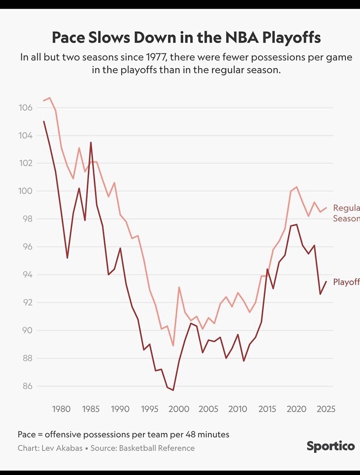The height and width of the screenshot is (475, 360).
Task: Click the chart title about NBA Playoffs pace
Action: point(186,38)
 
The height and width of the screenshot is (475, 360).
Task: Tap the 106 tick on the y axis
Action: point(26,108)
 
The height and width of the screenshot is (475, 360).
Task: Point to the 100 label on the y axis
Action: point(26,191)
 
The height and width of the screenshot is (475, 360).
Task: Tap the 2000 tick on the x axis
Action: point(179,409)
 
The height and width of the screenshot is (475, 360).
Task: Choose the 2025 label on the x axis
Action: point(326,409)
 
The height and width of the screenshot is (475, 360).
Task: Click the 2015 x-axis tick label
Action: point(267,409)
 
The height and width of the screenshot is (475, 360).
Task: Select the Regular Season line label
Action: point(346,213)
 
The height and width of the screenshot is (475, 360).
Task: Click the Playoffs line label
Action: point(346,282)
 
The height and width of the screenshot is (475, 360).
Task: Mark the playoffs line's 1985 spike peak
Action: point(91,142)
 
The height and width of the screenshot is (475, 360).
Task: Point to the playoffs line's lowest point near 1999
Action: point(173,390)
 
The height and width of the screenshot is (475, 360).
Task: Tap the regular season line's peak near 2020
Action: point(296,187)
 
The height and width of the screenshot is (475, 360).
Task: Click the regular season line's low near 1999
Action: point(173,346)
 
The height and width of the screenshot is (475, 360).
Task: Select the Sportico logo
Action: point(330,446)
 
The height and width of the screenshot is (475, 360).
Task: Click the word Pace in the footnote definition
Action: point(27,435)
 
